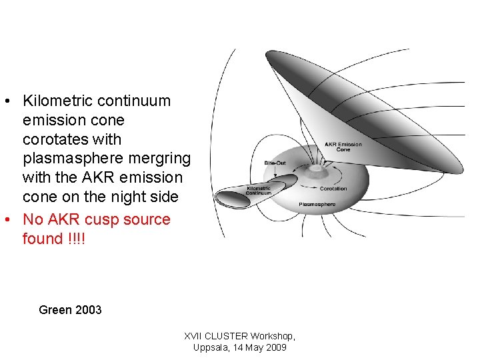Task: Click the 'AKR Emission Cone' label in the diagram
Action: tap(343, 147)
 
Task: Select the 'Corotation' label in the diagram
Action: tap(333, 189)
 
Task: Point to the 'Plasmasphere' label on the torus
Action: tap(317, 204)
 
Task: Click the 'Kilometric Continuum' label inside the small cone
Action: tap(259, 190)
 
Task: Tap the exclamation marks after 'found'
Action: tap(77, 239)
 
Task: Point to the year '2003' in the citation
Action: tap(89, 309)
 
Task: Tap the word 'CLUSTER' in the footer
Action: tap(225, 336)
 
